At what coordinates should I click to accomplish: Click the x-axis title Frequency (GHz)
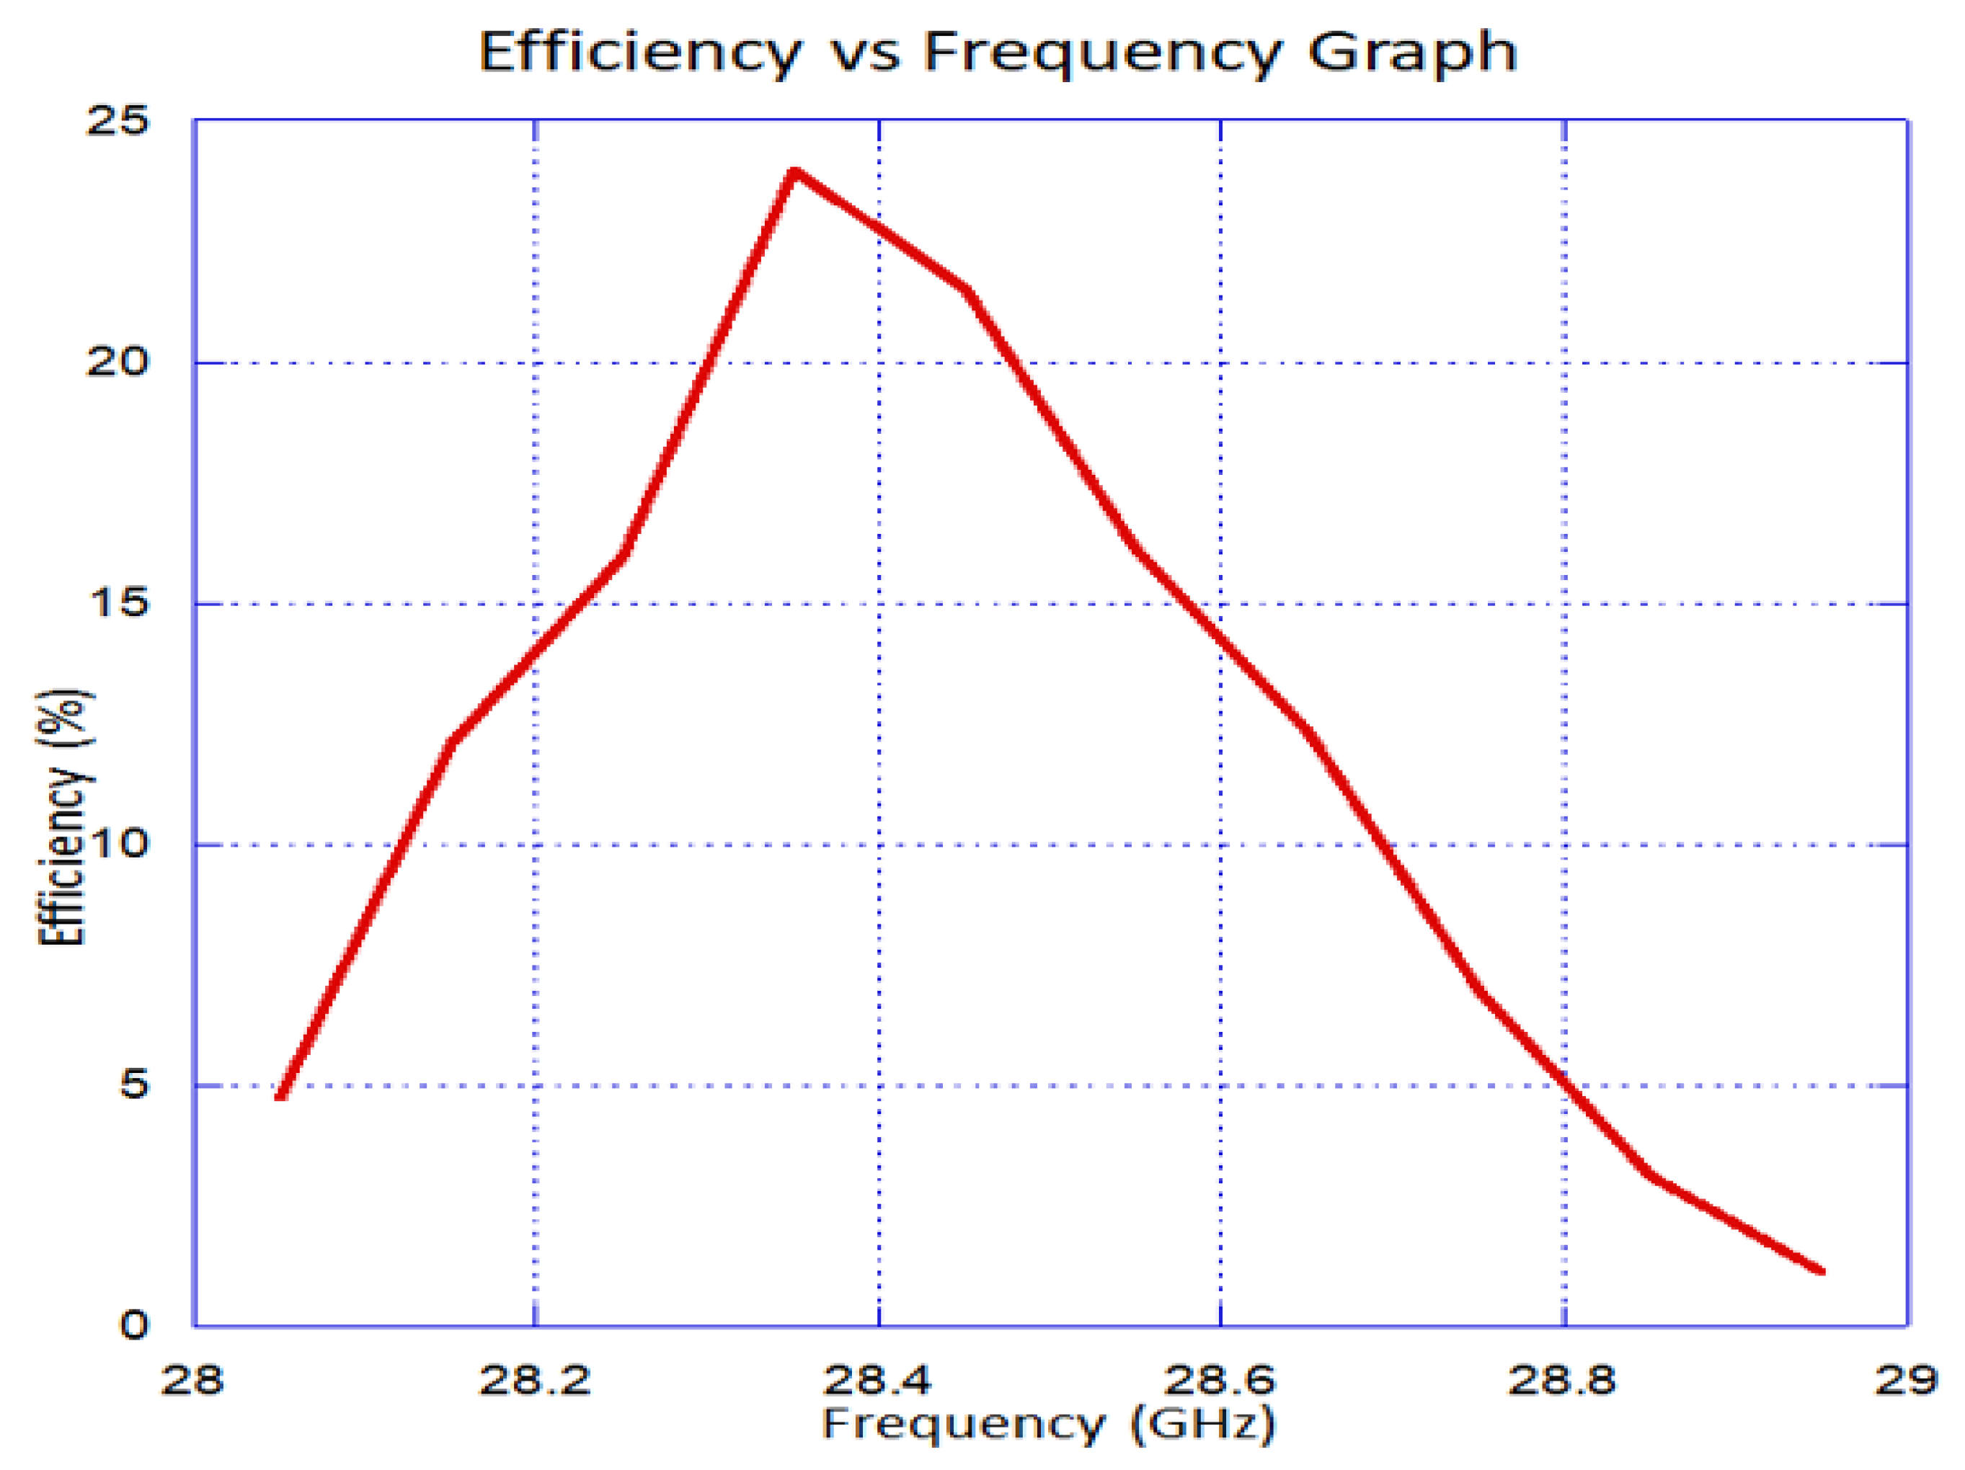tap(1048, 1423)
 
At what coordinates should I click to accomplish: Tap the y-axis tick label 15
tap(118, 603)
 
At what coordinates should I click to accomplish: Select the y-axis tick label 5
tap(134, 1084)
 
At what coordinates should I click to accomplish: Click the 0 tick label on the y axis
tap(134, 1325)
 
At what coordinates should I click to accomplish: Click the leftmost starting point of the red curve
tap(280, 1096)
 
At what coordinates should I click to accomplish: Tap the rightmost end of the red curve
tap(1821, 1270)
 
